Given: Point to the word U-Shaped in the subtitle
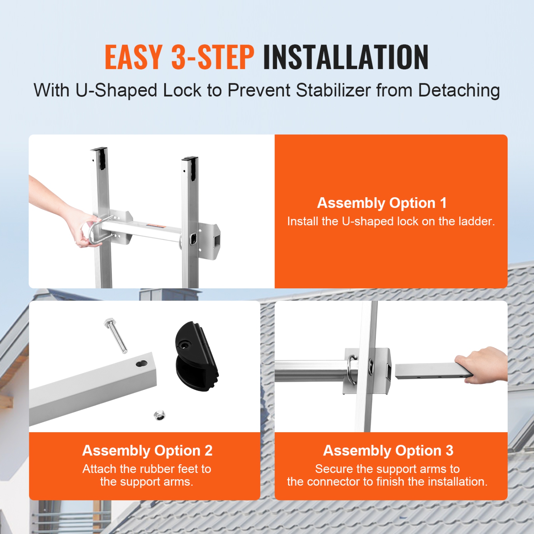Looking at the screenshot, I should (x=116, y=90).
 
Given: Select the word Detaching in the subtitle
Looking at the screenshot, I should (x=459, y=90).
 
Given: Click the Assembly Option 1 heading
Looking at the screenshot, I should (x=382, y=203).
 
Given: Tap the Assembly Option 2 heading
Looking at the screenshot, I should (x=147, y=450).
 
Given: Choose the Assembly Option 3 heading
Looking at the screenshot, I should (x=388, y=450).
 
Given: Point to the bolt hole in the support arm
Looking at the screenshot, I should (x=142, y=364).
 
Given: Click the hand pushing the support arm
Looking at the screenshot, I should (x=484, y=365).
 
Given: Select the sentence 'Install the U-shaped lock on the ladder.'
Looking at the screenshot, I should (x=391, y=221).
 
